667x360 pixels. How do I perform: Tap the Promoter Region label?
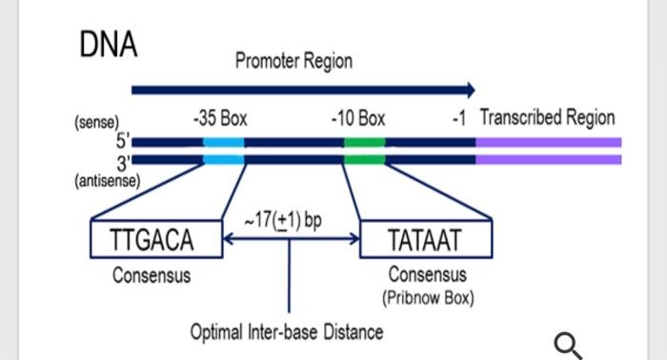[293, 62]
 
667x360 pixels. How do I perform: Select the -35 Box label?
[220, 119]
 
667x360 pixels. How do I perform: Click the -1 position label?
[458, 119]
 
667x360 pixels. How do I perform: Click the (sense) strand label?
[95, 123]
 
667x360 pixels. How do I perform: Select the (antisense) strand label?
[107, 178]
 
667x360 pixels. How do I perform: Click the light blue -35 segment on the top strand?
[223, 142]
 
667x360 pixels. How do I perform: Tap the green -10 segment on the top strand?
[364, 142]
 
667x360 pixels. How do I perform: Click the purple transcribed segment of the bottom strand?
[548, 159]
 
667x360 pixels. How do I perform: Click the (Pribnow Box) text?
[428, 297]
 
